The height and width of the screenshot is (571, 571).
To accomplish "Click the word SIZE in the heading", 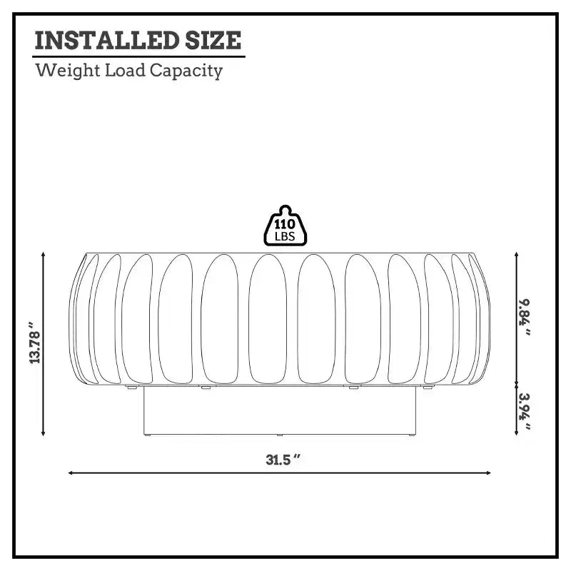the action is tap(213, 40).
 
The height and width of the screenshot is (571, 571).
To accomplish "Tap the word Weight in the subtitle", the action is tap(68, 70).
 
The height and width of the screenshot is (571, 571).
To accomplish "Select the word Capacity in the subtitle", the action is tap(186, 71).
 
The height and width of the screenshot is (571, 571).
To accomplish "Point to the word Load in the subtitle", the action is tap(125, 70).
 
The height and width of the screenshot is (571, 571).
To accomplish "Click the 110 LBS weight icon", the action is tap(285, 226).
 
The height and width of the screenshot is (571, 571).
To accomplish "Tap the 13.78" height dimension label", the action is tap(34, 343).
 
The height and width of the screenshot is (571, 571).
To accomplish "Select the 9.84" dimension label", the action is tap(525, 317).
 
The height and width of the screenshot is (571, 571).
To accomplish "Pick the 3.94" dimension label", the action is tap(525, 411).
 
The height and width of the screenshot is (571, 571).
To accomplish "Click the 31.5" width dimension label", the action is tap(283, 460).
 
